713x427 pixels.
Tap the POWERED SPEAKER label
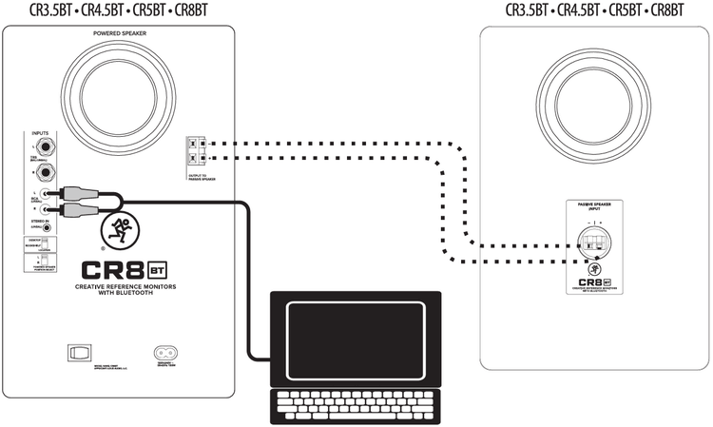(x=119, y=34)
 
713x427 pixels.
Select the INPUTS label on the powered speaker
(x=39, y=134)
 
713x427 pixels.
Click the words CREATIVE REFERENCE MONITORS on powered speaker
(x=119, y=286)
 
